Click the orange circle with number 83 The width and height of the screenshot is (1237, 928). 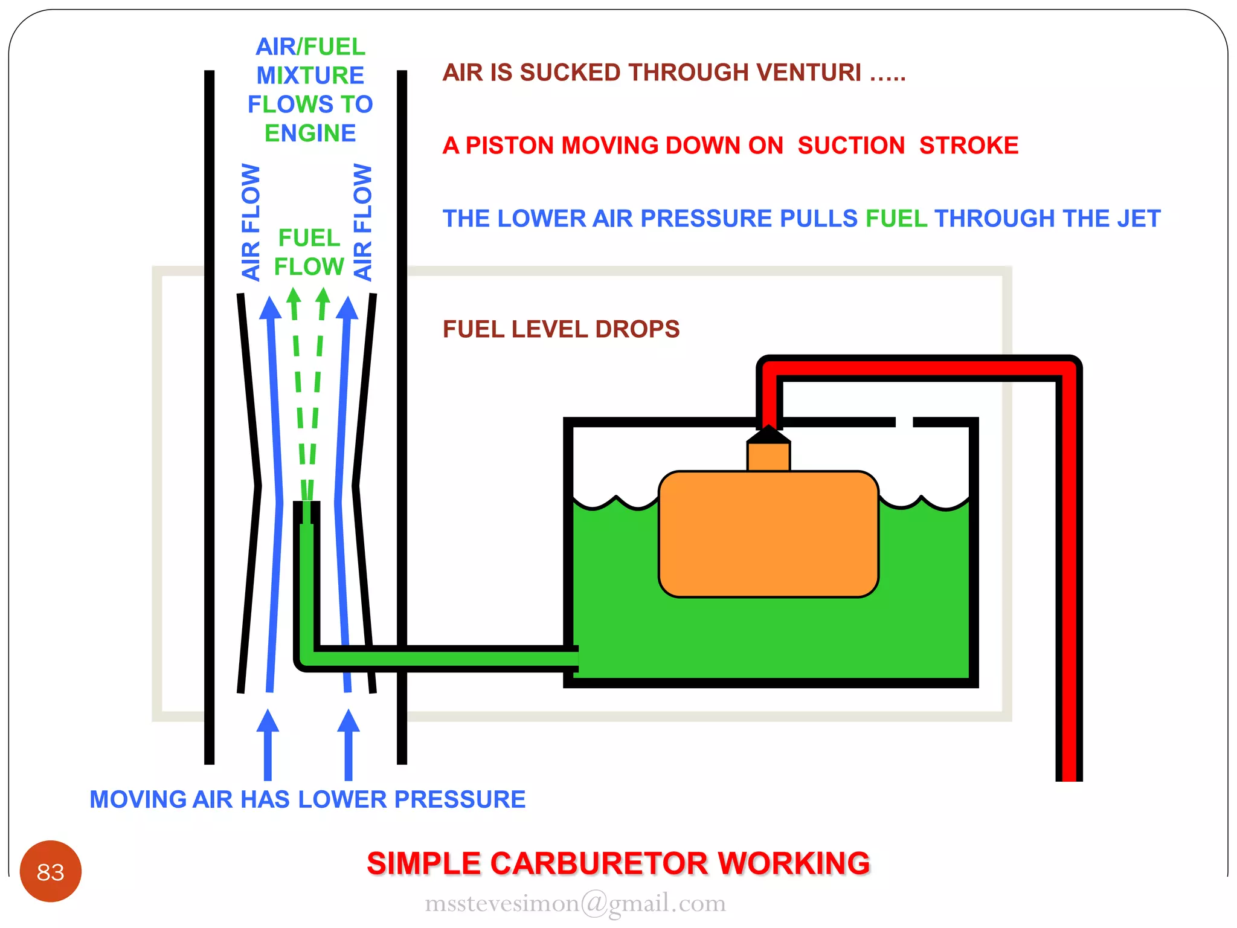(50, 871)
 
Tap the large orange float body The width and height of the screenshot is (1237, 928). (768, 534)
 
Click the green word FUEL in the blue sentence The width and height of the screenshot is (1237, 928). (896, 219)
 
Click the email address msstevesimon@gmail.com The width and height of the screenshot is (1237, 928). (575, 903)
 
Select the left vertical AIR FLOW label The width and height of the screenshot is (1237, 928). (251, 222)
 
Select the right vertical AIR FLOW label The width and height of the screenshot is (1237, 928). (362, 222)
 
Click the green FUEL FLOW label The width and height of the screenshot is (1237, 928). (309, 252)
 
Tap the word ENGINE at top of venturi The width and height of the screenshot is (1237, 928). (310, 134)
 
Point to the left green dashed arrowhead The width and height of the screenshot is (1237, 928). (294, 297)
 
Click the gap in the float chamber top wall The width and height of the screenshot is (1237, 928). (904, 422)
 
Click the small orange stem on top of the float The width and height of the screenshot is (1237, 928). (768, 457)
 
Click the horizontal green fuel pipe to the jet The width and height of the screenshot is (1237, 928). (447, 659)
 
